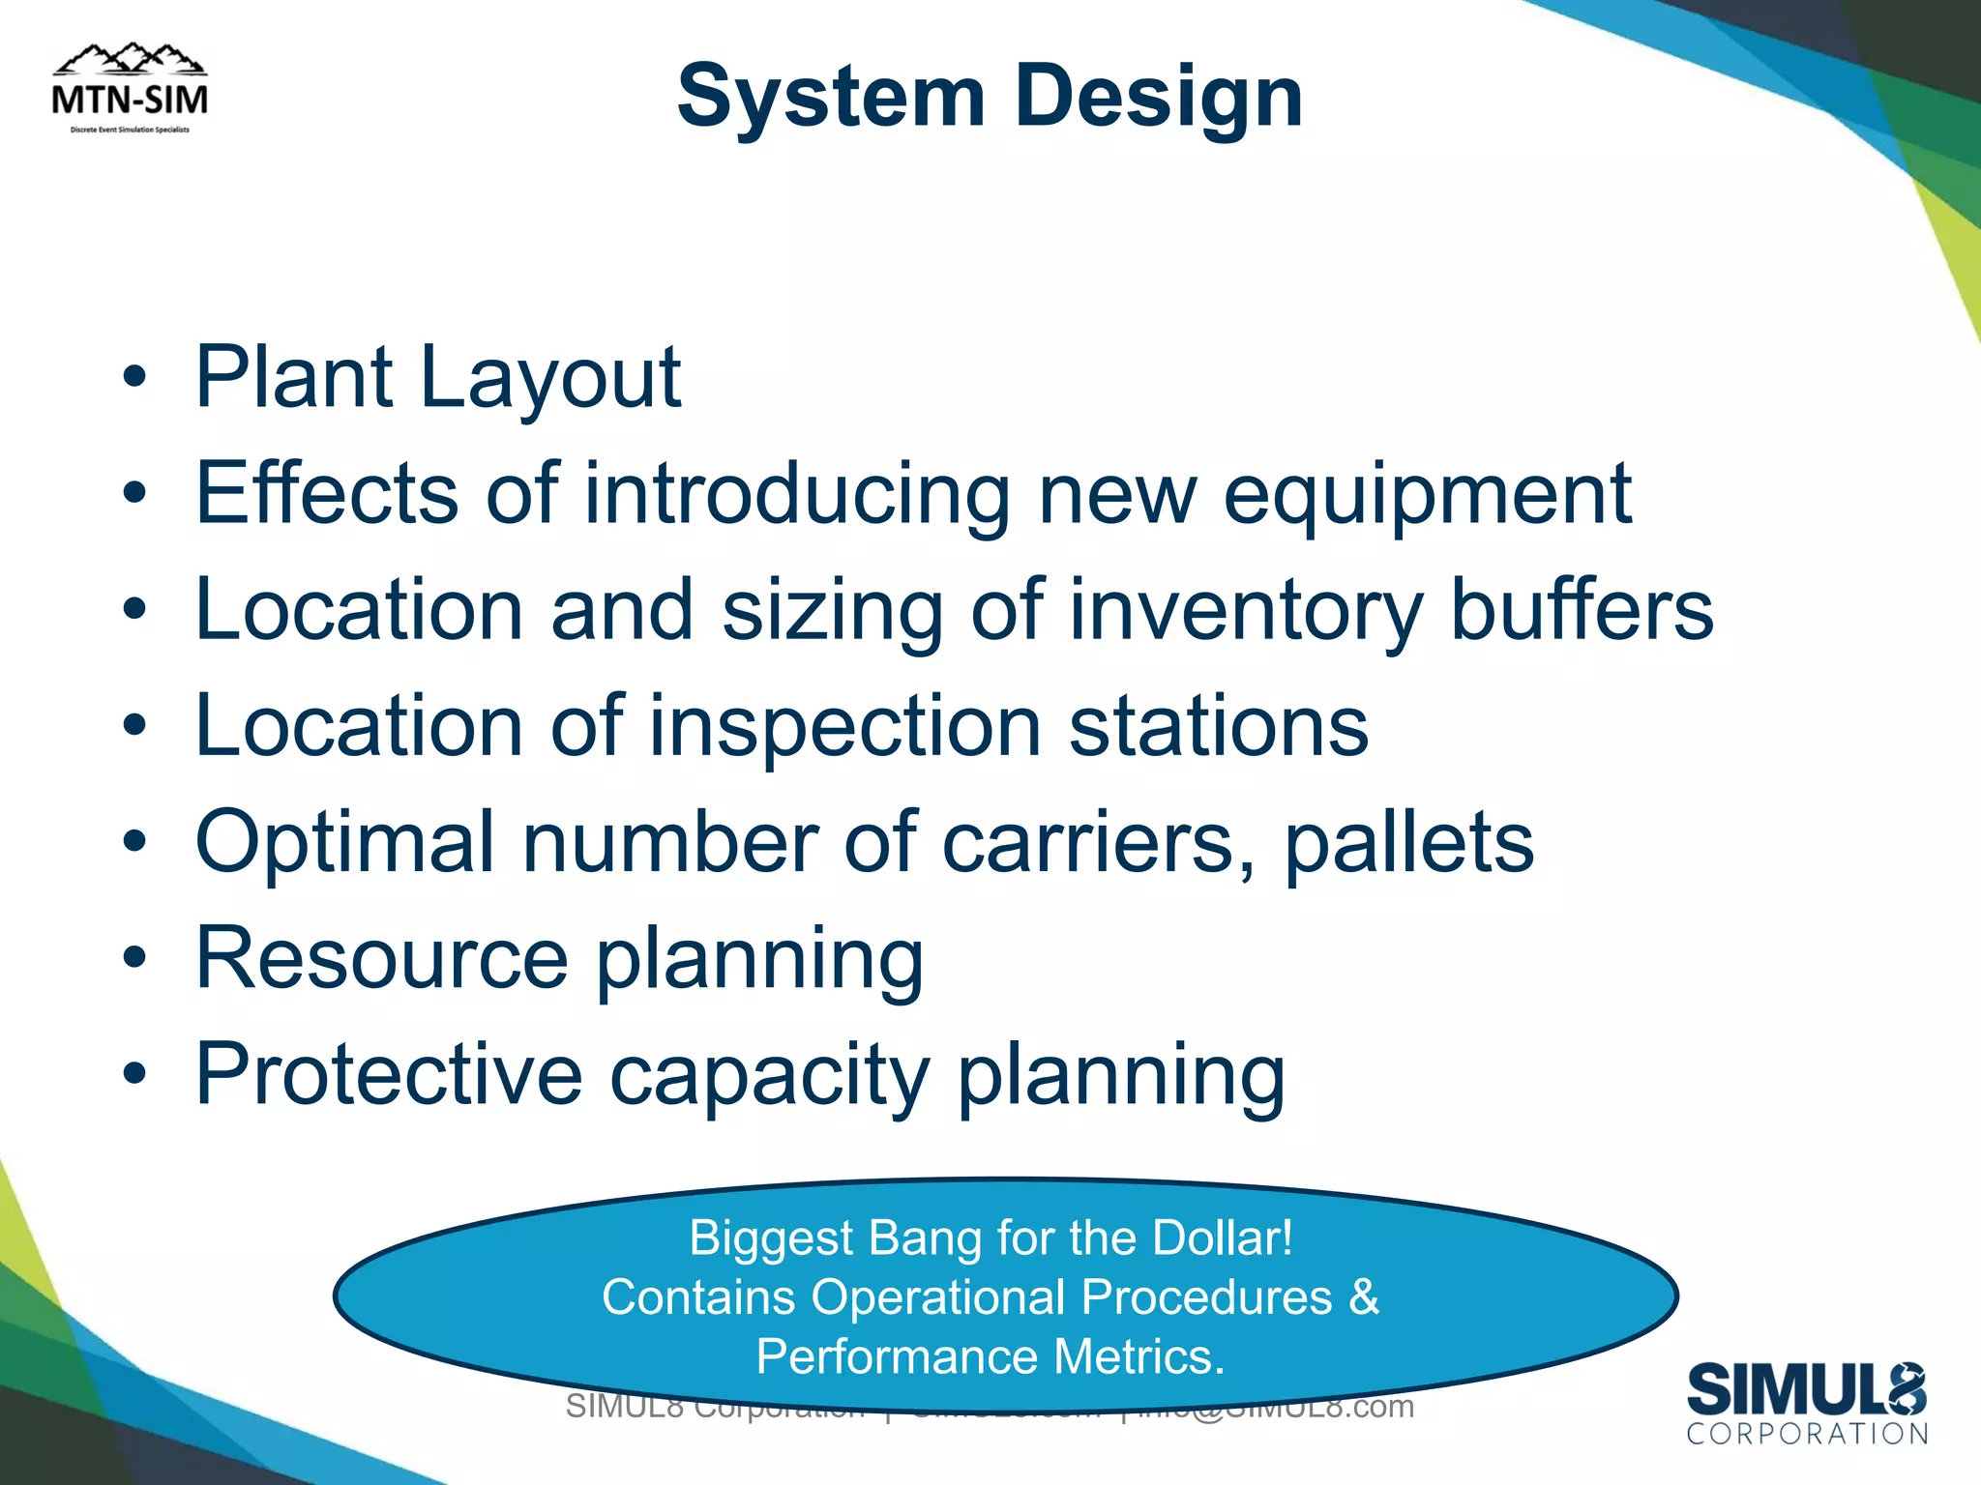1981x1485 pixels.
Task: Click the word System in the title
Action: pyautogui.click(x=830, y=97)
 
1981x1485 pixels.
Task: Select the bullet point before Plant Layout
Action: pyautogui.click(x=134, y=378)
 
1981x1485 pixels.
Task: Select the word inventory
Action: pyautogui.click(x=1245, y=612)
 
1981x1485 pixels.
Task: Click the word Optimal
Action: pyautogui.click(x=345, y=842)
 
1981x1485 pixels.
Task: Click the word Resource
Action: pyautogui.click(x=381, y=958)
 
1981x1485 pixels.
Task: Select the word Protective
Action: pyautogui.click(x=389, y=1074)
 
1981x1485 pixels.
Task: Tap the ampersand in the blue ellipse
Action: pyautogui.click(x=1364, y=1296)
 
